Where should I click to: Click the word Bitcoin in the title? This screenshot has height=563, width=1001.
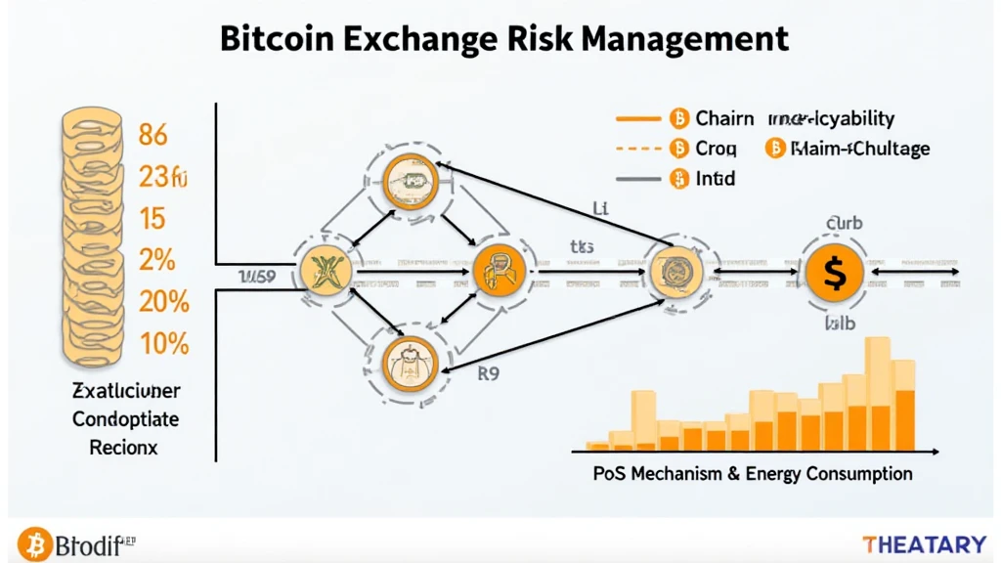(279, 39)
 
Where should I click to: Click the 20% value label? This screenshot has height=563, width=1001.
(163, 301)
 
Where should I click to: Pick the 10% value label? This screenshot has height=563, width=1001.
(163, 343)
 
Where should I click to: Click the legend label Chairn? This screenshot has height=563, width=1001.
(724, 119)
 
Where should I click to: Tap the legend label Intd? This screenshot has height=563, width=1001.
(715, 179)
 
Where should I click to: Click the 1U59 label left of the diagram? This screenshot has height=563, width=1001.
(257, 277)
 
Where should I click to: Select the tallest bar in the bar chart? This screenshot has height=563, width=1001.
(877, 393)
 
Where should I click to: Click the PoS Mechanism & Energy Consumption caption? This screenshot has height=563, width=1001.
(753, 474)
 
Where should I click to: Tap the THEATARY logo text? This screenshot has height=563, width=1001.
(924, 544)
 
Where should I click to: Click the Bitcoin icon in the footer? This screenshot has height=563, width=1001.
(33, 543)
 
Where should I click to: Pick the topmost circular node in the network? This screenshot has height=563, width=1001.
(409, 180)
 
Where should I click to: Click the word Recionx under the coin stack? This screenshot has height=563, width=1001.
(116, 448)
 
